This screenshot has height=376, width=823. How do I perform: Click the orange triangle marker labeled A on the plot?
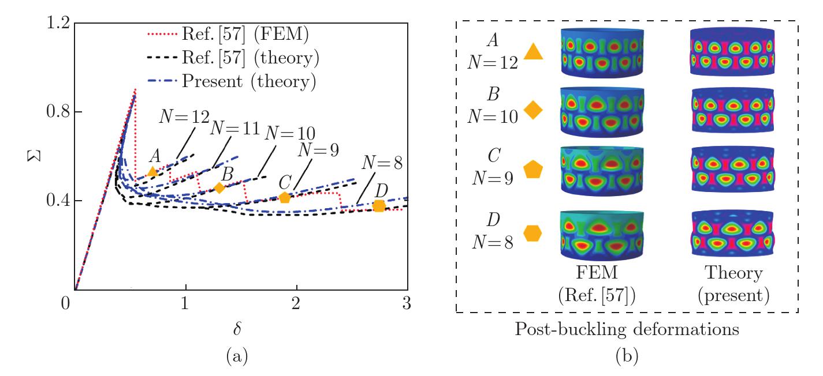[x=152, y=171]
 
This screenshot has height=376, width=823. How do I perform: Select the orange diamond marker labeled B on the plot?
[x=219, y=187]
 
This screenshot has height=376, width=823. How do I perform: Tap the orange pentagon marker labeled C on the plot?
[x=285, y=198]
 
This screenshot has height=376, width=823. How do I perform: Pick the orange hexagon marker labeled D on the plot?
[x=379, y=206]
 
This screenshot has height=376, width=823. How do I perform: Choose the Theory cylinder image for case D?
[x=732, y=236]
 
